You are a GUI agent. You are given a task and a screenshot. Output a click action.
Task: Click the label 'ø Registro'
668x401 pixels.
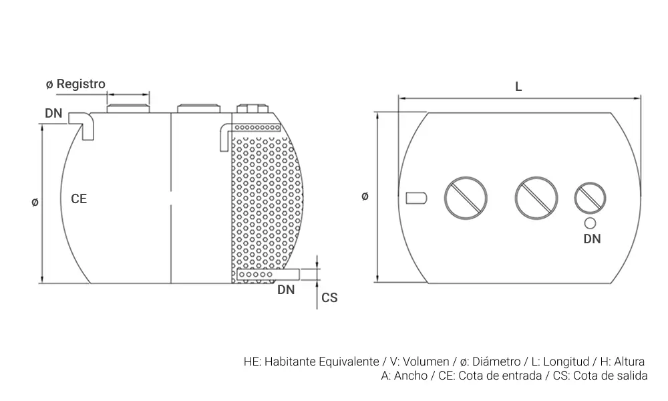(75, 84)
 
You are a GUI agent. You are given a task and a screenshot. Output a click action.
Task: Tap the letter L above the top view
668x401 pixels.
(518, 86)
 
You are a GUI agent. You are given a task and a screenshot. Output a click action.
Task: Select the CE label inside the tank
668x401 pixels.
(79, 198)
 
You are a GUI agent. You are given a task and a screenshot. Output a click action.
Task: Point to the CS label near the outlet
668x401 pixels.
(329, 297)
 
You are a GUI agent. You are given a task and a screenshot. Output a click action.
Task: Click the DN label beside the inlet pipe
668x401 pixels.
(53, 113)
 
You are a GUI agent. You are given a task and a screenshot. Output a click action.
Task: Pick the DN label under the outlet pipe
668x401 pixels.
(286, 290)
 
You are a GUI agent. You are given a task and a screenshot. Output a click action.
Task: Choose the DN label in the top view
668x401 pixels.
(592, 239)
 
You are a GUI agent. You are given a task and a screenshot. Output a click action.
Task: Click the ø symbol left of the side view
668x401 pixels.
(35, 202)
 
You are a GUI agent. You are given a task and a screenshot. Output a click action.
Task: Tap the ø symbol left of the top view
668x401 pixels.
(365, 196)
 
